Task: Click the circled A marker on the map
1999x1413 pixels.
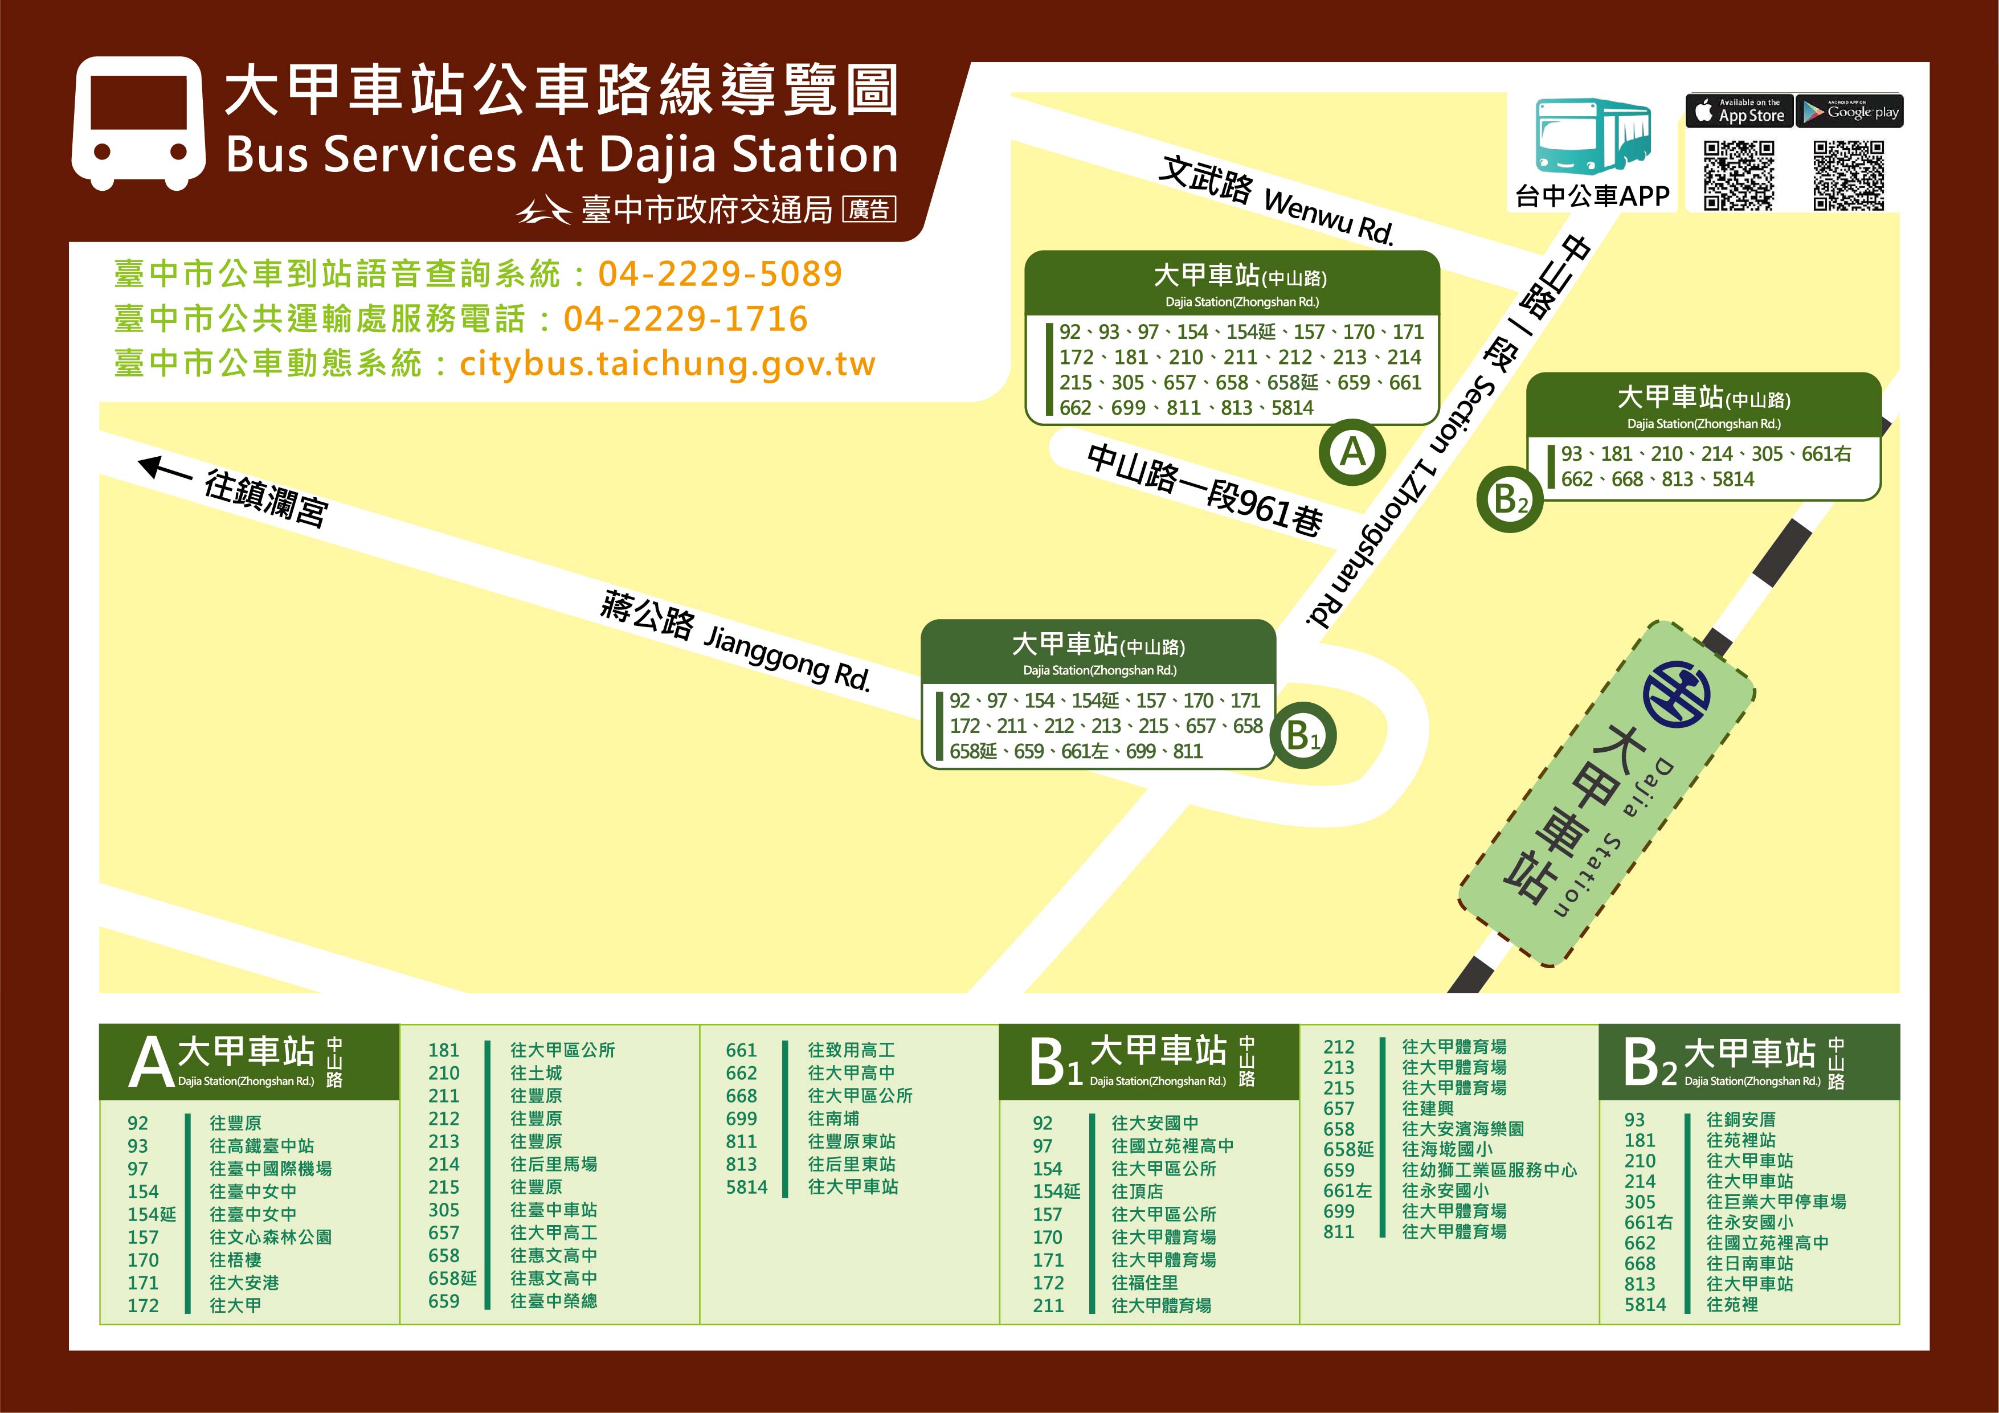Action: coord(1352,452)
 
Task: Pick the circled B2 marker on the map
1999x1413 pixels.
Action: coord(1510,499)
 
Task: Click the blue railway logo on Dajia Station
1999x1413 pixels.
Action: coord(1676,694)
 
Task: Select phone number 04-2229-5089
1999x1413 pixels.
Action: coord(720,275)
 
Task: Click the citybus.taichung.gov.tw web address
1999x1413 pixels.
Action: coord(667,364)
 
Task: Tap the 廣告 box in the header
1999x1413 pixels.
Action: coord(869,210)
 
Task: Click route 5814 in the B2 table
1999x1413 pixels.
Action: coord(1645,1304)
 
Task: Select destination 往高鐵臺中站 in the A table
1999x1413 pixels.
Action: coord(261,1146)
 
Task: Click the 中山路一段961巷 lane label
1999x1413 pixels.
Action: coord(1205,489)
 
